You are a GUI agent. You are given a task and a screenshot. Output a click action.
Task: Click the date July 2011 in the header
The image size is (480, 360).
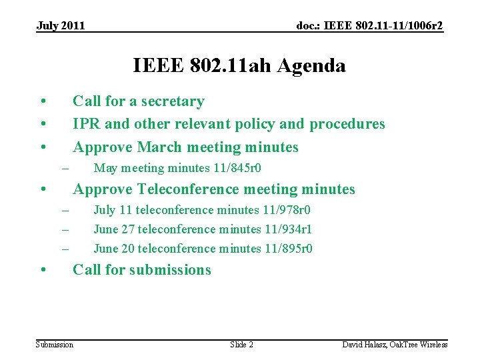[x=61, y=26]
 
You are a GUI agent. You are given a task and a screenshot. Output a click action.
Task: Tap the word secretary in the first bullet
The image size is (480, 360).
[x=172, y=101]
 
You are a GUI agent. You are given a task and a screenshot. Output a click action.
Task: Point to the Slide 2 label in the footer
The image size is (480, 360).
[x=241, y=345]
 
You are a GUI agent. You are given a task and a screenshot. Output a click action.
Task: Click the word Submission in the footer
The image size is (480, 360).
[x=55, y=345]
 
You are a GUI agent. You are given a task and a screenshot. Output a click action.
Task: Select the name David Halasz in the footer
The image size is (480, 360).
[x=365, y=345]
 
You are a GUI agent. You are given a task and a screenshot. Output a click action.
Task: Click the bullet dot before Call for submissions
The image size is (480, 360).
[x=42, y=271]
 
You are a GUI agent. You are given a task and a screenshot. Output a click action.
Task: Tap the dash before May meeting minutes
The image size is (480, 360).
[x=65, y=168]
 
